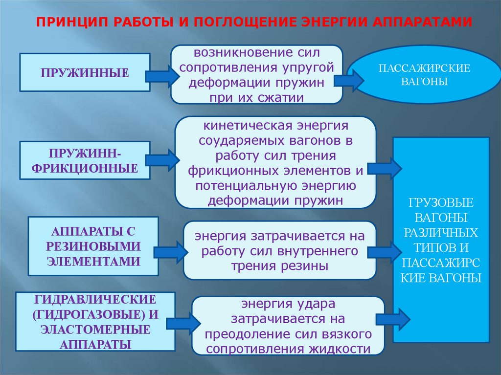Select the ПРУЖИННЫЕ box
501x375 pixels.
point(85,73)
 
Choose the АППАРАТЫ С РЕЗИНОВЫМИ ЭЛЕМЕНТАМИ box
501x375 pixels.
point(93,246)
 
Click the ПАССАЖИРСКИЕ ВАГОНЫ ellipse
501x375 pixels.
point(424,75)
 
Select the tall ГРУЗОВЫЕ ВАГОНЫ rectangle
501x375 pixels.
point(442,240)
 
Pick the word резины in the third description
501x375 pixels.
point(304,266)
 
